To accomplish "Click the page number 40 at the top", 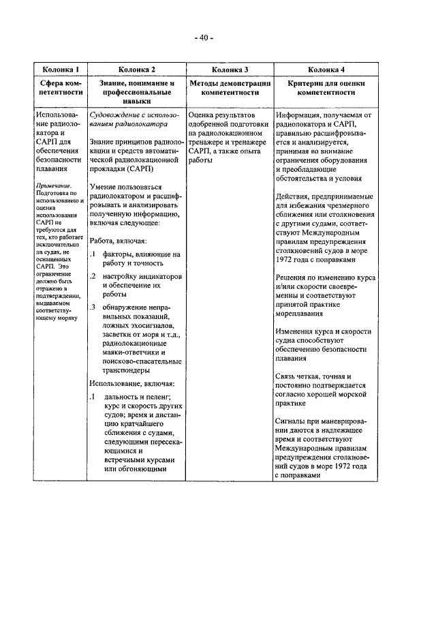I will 204,37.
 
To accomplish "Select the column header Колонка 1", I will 61,70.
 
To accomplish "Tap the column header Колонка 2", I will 136,70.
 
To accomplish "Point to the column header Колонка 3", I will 230,70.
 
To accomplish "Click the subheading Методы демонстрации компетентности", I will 230,87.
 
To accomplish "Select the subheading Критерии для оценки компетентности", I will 326,87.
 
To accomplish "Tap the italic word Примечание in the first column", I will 54,185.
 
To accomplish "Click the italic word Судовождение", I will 112,115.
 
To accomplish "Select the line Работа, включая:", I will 116,240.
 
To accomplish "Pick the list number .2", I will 92,276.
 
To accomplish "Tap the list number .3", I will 92,306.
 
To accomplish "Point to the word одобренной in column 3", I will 212,124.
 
